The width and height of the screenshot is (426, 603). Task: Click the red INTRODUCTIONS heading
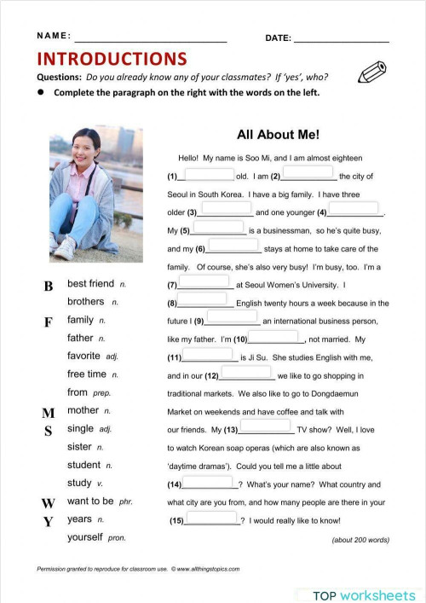coord(112,59)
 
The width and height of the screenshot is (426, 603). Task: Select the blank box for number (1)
coord(209,174)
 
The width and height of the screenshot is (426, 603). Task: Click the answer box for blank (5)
coord(219,228)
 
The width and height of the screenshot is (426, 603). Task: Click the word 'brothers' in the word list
coord(85,302)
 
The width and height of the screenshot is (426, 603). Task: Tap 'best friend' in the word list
coord(90,283)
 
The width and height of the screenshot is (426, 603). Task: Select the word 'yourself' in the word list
coord(84,537)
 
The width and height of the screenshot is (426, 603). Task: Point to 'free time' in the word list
coord(86,374)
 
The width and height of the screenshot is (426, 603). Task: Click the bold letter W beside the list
coord(49,503)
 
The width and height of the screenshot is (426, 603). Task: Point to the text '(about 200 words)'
coord(360,540)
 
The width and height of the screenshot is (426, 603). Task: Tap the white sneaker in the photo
coord(64,248)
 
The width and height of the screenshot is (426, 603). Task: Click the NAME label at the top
coord(55,37)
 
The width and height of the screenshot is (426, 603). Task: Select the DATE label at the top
coord(278,38)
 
